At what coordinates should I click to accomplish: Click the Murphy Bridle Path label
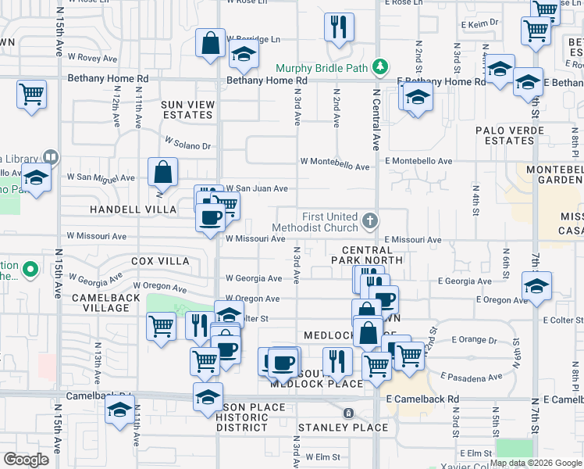click(x=321, y=68)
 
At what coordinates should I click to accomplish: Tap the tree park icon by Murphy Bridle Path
click(x=380, y=67)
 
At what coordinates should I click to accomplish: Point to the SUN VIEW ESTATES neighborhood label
click(x=187, y=109)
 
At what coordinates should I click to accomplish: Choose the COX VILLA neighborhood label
click(x=160, y=260)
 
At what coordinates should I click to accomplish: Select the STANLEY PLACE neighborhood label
click(x=343, y=428)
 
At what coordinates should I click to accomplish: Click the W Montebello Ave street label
click(x=335, y=166)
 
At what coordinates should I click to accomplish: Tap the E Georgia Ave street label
click(x=465, y=281)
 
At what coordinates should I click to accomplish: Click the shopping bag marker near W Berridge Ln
click(x=211, y=44)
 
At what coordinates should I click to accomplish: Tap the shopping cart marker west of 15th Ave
click(x=31, y=95)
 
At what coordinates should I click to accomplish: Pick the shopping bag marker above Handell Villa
click(x=162, y=172)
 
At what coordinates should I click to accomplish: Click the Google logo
click(x=26, y=460)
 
